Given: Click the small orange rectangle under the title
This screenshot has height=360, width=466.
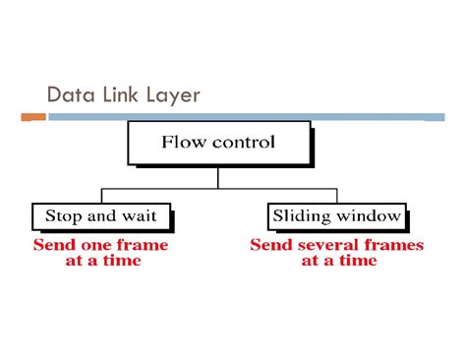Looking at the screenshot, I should [x=33, y=117].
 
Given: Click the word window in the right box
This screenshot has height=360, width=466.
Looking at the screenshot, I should [x=371, y=214].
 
